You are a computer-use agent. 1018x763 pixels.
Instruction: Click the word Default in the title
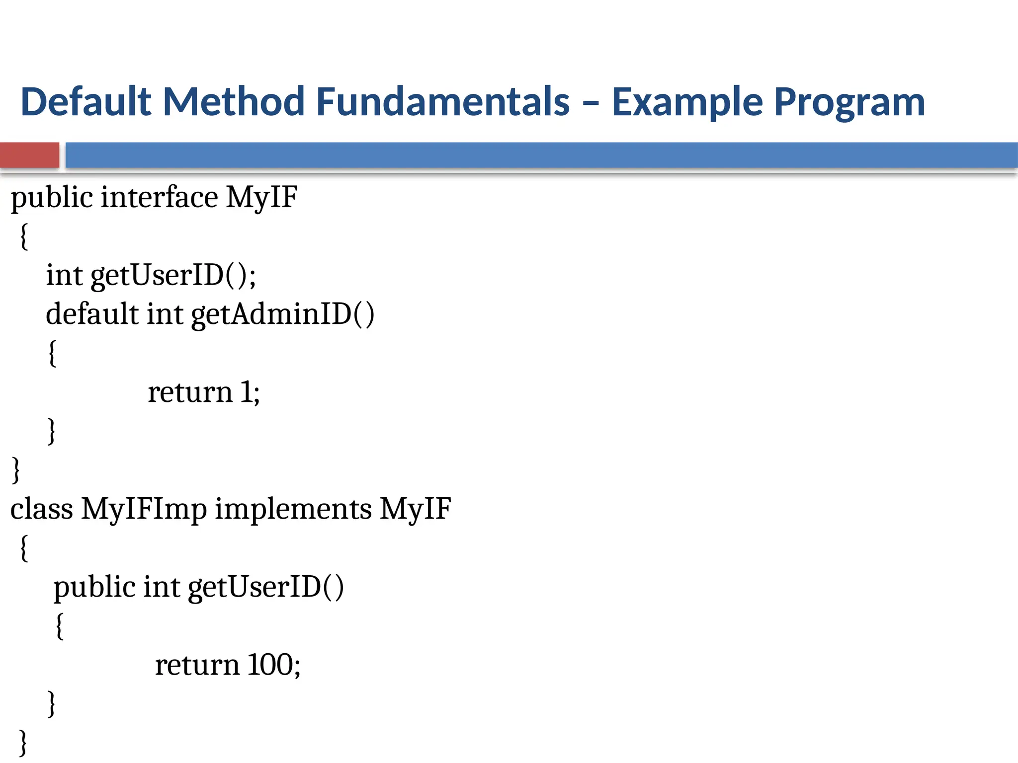(85, 102)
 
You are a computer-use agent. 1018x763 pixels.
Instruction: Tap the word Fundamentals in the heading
(442, 102)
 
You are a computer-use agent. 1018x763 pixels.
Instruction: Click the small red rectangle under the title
(29, 155)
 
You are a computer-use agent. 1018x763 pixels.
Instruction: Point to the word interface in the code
(159, 197)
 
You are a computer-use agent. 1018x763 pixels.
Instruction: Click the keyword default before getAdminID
(92, 314)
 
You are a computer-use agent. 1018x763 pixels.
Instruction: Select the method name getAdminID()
(282, 314)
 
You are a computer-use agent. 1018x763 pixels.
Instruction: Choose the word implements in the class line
(293, 510)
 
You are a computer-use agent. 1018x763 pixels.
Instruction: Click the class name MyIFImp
(144, 510)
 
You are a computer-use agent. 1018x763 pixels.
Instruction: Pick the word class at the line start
(42, 510)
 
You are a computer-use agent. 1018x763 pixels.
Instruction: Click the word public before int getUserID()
(94, 588)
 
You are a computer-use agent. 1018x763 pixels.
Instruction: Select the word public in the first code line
(52, 198)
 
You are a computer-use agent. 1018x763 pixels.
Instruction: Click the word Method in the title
(234, 102)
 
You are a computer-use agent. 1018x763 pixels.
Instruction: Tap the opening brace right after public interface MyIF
(23, 237)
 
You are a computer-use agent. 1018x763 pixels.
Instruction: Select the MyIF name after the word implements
(416, 510)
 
